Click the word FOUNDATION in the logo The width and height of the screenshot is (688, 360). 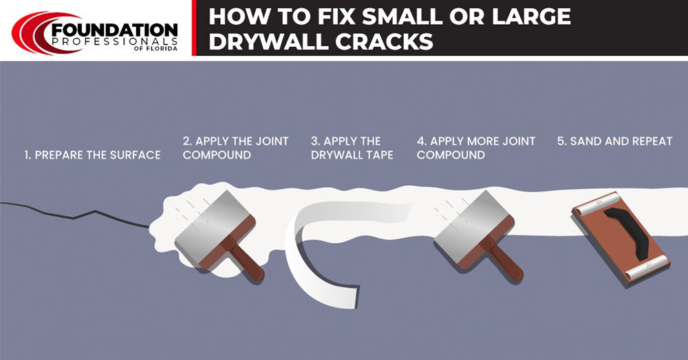[114, 31]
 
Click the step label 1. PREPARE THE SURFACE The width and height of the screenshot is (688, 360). [92, 155]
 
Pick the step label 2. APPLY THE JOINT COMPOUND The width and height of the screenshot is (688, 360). [235, 148]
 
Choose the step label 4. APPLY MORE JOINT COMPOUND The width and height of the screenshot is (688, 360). [475, 148]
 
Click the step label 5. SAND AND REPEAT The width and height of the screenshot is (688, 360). [614, 141]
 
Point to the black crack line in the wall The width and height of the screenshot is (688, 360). [76, 215]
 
